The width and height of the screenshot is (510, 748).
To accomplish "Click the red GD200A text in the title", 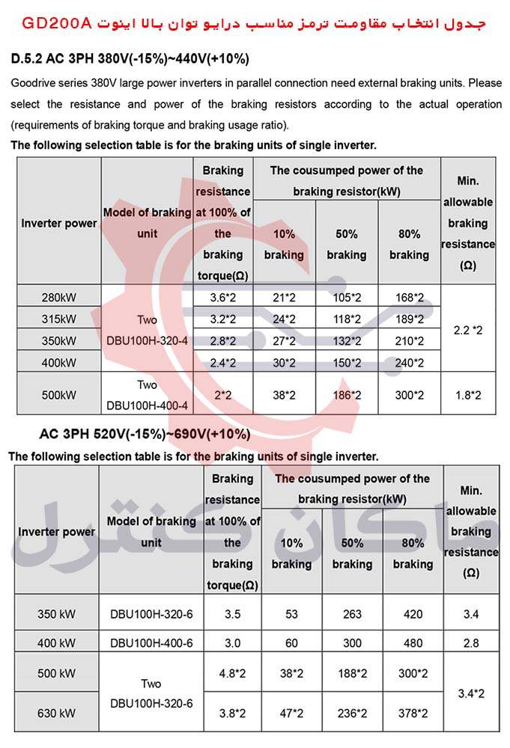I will (57, 22).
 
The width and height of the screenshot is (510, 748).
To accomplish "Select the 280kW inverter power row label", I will (59, 298).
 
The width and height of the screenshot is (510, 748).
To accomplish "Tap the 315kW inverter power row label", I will (59, 319).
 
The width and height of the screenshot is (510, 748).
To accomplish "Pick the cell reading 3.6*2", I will (223, 298).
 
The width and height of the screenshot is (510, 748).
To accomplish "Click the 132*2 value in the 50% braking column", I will (347, 341).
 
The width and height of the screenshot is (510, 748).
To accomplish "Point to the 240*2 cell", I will (409, 364).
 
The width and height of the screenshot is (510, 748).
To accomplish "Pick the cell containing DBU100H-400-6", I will (151, 643).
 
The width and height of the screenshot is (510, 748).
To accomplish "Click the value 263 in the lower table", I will (352, 615).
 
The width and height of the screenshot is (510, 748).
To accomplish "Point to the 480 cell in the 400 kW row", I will (413, 643).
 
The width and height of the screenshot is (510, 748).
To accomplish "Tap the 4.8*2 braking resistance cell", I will (233, 672).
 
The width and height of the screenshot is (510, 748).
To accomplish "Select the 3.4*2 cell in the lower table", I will (471, 693).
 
